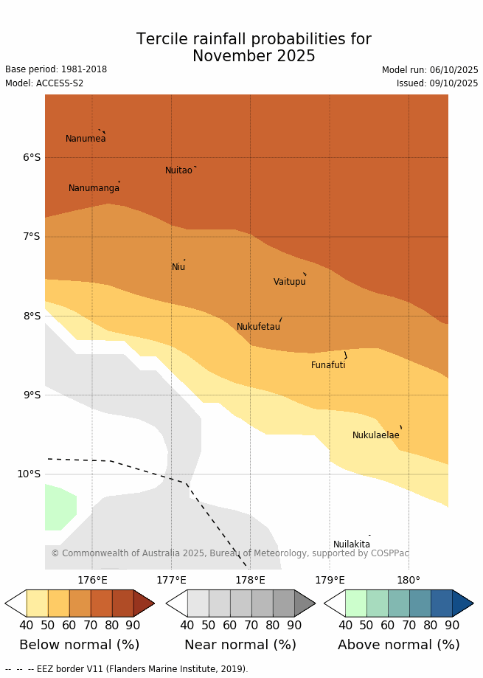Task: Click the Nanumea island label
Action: tap(86, 139)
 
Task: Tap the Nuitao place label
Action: tap(178, 170)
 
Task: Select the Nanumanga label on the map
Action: tap(94, 188)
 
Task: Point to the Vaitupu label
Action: tap(289, 282)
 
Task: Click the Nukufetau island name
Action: tap(258, 327)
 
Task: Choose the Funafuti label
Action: tap(328, 365)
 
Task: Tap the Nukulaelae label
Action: tap(375, 435)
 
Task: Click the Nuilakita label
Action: tap(352, 544)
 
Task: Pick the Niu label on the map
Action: tap(178, 267)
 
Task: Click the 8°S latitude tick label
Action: tap(32, 316)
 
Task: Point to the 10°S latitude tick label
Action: tap(29, 474)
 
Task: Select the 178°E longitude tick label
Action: tap(250, 581)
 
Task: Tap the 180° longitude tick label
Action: tap(409, 581)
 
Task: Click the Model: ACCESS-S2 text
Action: tap(44, 83)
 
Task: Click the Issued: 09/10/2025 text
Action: tap(437, 83)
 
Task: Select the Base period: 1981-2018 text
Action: tap(56, 69)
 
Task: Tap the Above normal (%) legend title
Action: tap(398, 645)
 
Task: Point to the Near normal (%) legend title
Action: tap(240, 645)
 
